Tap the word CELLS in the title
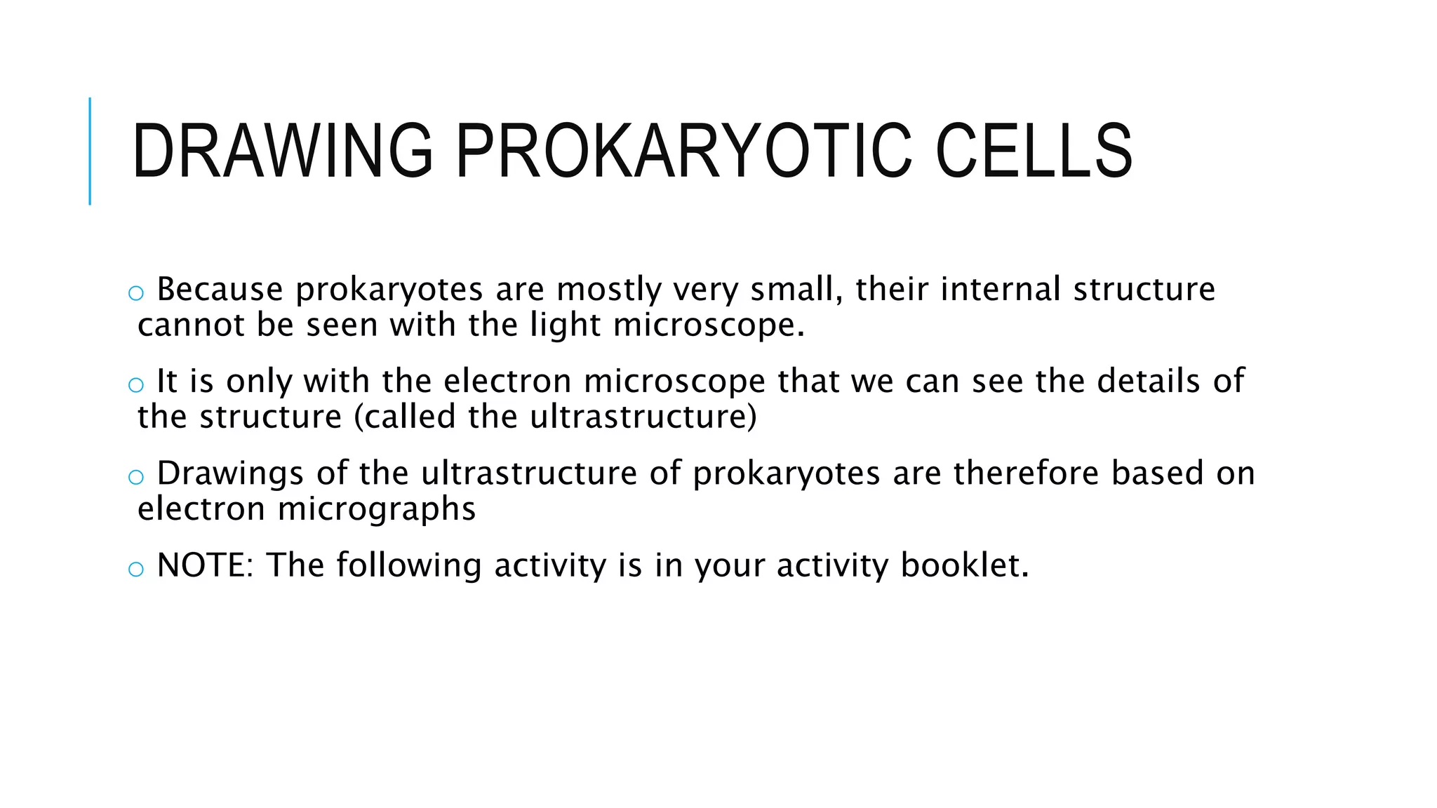1034,151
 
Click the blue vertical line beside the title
90,151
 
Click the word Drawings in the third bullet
230,473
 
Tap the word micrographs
377,509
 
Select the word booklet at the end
964,565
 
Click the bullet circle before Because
136,293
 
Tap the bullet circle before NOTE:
136,570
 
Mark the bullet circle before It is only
136,385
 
